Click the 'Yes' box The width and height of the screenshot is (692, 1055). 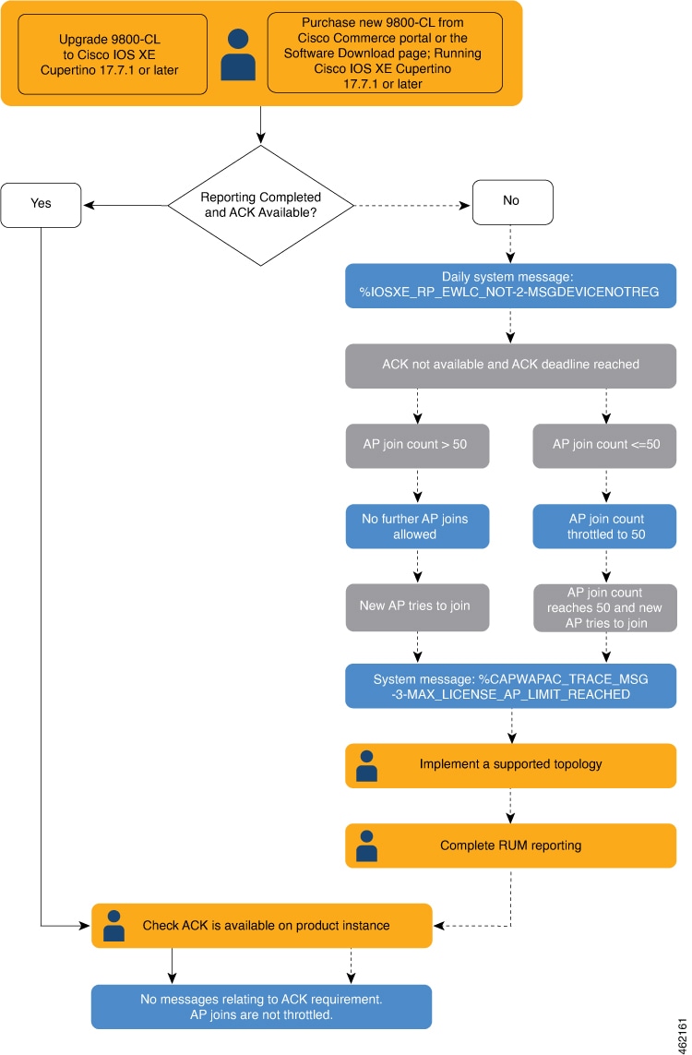pyautogui.click(x=42, y=203)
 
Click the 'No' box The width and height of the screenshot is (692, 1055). pyautogui.click(x=512, y=201)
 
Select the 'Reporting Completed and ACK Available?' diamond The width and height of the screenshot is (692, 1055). pyautogui.click(x=260, y=205)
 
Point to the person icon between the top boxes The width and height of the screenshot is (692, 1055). pyautogui.click(x=238, y=54)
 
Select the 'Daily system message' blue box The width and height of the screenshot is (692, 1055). pyautogui.click(x=510, y=285)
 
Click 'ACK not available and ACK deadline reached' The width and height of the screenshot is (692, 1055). pyautogui.click(x=510, y=365)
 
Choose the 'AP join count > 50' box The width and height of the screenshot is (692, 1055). pyautogui.click(x=417, y=445)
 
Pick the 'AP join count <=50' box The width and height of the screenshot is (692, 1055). pyautogui.click(x=604, y=445)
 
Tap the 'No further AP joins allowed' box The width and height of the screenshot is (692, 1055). pyautogui.click(x=417, y=526)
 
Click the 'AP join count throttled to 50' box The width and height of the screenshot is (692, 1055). pyautogui.click(x=604, y=526)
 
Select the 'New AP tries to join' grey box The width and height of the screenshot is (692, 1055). pyautogui.click(x=417, y=606)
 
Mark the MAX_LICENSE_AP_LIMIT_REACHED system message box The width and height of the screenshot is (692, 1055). pyautogui.click(x=510, y=687)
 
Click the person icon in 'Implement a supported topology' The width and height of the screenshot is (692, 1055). pyautogui.click(x=366, y=766)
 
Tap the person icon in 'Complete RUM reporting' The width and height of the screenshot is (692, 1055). pyautogui.click(x=366, y=845)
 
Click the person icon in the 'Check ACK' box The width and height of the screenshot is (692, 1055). pyautogui.click(x=113, y=926)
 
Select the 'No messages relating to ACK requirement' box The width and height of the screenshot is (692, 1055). pyautogui.click(x=261, y=1006)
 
